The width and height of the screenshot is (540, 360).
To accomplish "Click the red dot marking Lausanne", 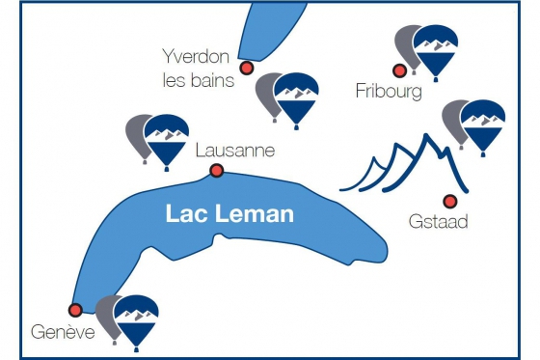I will (x=217, y=171).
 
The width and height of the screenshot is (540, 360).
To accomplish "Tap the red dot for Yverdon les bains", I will (x=247, y=68).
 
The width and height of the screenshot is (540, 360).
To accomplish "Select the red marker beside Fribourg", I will (x=398, y=69).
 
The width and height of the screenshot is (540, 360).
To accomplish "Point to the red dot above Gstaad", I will (x=449, y=201).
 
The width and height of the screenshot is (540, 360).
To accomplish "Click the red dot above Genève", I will (x=75, y=310).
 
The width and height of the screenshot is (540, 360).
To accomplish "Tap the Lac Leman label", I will (x=229, y=213).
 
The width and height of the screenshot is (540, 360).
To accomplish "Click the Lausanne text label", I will (x=234, y=151).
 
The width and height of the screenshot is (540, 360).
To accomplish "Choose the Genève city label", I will (x=61, y=334).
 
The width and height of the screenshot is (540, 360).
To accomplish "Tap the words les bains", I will (x=199, y=80).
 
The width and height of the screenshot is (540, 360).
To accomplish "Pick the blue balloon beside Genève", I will (x=136, y=318).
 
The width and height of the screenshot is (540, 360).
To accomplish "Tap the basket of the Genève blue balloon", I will (x=137, y=346).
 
